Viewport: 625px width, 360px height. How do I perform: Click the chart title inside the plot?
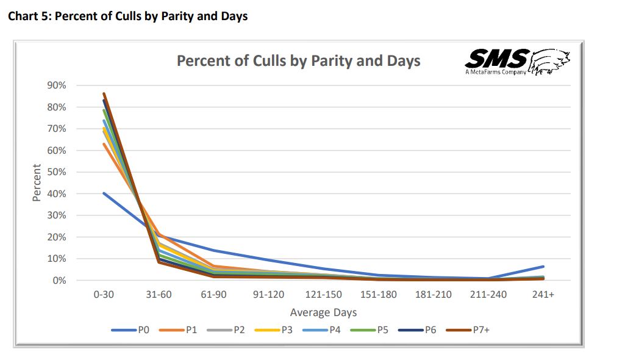click(298, 61)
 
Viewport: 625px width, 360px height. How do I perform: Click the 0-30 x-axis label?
click(104, 295)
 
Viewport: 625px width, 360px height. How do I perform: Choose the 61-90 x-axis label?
click(213, 295)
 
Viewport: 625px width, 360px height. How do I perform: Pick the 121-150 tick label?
click(323, 295)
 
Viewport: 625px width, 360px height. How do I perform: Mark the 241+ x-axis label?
click(543, 295)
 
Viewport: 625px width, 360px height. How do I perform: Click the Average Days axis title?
click(323, 312)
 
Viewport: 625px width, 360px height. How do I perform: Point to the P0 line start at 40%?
click(104, 193)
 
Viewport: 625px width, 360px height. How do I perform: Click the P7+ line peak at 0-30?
click(104, 94)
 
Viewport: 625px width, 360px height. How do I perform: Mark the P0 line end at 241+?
click(543, 267)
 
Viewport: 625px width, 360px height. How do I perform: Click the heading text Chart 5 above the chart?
click(127, 16)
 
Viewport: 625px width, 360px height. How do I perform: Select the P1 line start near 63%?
click(104, 144)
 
